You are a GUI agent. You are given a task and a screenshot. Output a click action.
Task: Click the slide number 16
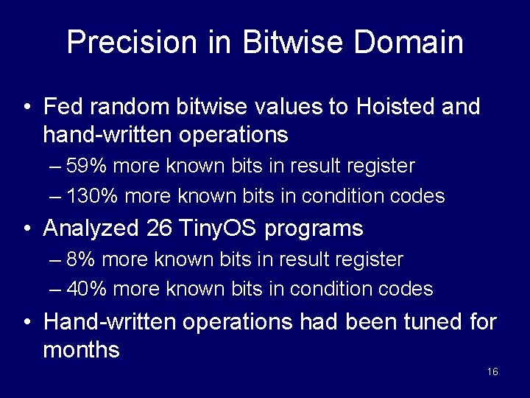point(492,371)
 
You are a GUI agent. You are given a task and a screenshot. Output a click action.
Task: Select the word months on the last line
point(81,349)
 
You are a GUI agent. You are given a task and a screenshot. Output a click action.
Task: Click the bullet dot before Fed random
point(26,108)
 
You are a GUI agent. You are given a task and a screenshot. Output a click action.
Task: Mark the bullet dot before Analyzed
point(26,229)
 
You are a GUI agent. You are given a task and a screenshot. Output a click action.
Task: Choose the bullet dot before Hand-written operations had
point(26,323)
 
